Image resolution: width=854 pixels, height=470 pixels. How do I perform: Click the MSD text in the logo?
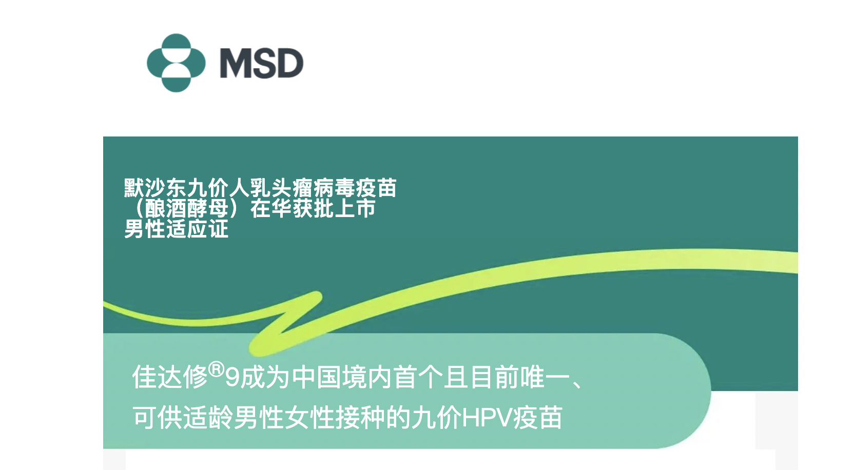262,63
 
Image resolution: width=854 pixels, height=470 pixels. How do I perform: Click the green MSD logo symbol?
176,63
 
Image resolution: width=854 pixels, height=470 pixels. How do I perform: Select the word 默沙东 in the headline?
155,188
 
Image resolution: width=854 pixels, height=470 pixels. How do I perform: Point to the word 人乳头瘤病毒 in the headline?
292,188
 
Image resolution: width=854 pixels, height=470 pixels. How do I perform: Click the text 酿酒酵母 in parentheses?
187,208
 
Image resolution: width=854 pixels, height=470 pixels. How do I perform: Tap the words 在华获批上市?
313,208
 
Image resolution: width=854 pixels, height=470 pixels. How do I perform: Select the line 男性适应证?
176,229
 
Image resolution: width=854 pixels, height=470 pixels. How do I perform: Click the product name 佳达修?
170,377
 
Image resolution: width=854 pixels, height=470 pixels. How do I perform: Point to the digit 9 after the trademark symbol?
232,378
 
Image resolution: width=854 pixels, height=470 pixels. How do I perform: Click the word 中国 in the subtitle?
317,377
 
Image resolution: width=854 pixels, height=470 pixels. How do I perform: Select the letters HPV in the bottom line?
487,418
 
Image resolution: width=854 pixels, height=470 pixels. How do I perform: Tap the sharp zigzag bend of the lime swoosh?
317,296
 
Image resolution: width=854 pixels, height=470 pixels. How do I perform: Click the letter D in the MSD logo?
290,63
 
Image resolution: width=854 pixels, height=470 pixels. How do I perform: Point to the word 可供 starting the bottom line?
157,417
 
